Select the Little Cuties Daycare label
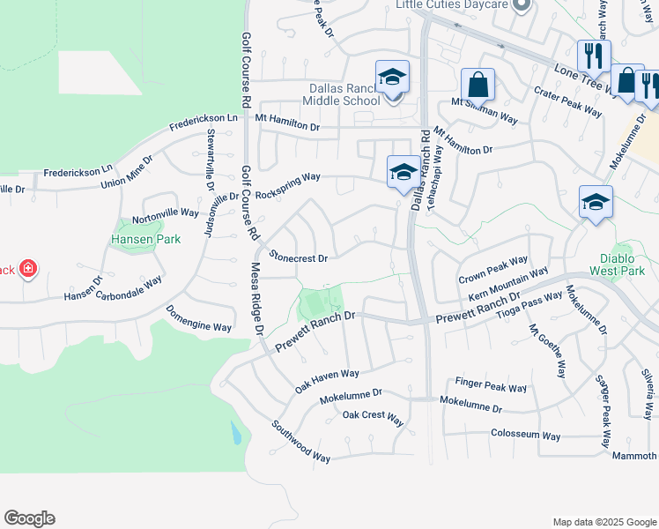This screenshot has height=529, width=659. tap(453, 5)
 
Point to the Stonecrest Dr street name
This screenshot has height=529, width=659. tap(299, 257)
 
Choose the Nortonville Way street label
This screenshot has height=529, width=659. tap(166, 214)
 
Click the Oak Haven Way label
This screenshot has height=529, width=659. tap(327, 380)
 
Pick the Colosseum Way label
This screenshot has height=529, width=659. tap(525, 436)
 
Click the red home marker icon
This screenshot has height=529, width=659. tap(28, 268)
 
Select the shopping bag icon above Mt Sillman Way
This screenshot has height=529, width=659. tap(478, 85)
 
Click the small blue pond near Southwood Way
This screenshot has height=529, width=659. tap(235, 433)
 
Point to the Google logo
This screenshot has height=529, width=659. tap(29, 518)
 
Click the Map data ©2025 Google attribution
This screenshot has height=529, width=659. tap(603, 522)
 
